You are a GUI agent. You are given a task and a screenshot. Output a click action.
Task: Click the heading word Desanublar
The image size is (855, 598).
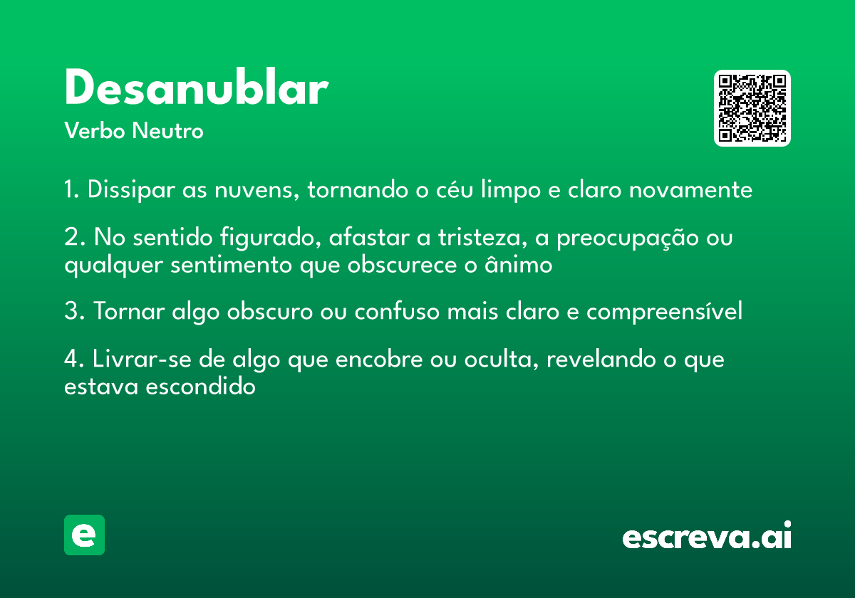click(x=197, y=87)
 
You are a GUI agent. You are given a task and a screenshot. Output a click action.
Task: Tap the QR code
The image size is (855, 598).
click(x=752, y=108)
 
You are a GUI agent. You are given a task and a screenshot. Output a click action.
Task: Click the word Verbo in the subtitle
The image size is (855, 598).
click(x=95, y=130)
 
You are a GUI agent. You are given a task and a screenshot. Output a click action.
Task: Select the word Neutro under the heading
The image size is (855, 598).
click(x=167, y=130)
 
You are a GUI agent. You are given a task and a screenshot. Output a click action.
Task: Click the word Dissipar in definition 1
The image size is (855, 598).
click(x=131, y=190)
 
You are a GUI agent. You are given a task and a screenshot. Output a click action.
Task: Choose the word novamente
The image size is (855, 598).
click(x=690, y=190)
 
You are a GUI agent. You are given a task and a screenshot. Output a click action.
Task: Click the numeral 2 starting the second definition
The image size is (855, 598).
click(x=72, y=237)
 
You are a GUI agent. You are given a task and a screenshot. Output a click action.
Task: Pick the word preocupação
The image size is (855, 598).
click(x=628, y=238)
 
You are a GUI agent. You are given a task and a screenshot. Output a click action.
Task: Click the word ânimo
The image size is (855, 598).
click(x=519, y=264)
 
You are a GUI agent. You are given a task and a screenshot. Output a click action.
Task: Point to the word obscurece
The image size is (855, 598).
click(x=402, y=264)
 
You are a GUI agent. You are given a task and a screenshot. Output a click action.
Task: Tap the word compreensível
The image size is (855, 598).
click(x=665, y=312)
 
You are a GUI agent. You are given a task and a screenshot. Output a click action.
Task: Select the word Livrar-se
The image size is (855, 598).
click(x=142, y=359)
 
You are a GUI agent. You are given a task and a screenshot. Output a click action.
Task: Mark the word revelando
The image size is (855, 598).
click(x=601, y=359)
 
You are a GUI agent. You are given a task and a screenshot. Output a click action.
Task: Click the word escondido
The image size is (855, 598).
click(x=200, y=387)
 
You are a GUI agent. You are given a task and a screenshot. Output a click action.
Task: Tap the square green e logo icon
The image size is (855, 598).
click(x=84, y=535)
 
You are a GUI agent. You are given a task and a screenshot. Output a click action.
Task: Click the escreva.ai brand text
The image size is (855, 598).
click(x=707, y=535)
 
